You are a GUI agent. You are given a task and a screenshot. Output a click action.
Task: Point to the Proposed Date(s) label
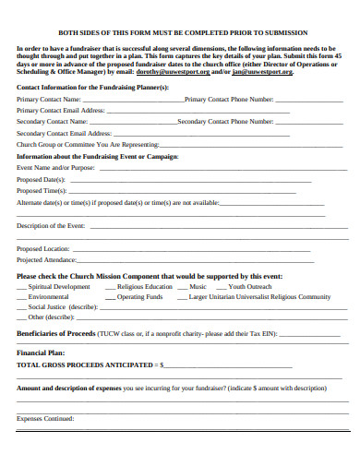point(42,179)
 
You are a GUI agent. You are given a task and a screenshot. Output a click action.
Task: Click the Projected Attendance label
point(47,260)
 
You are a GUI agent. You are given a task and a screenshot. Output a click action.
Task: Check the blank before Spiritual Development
point(21,288)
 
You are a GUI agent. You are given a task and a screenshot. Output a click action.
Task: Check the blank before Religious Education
point(109,288)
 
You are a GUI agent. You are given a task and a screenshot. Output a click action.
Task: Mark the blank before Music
point(182,288)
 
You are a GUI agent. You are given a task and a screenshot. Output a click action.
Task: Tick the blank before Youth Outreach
point(220,288)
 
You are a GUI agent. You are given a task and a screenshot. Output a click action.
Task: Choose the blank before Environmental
point(21,298)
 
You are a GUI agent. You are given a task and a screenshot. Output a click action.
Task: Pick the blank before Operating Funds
point(109,298)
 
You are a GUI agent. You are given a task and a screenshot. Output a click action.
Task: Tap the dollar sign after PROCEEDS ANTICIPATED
point(162,364)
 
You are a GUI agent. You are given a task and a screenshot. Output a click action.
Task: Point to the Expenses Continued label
point(46,420)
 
